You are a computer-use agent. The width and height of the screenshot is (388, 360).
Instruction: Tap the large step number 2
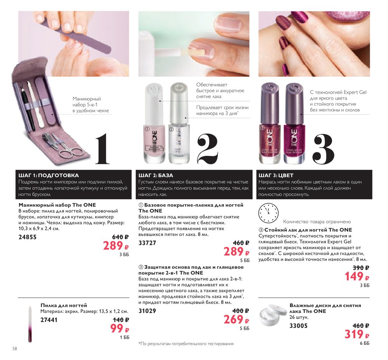click(208, 148)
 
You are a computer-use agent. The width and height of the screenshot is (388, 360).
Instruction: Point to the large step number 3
click(324, 148)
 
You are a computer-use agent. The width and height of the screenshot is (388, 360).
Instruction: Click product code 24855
click(28, 237)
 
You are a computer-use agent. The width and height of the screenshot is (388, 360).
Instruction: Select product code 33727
click(147, 243)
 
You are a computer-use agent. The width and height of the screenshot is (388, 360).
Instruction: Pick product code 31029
click(147, 311)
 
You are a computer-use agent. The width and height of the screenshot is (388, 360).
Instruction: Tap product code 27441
click(49, 320)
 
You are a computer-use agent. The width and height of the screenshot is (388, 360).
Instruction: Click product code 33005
click(298, 326)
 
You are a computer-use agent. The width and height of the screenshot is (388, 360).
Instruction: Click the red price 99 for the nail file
click(120, 329)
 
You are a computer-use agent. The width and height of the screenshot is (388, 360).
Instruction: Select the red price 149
click(357, 276)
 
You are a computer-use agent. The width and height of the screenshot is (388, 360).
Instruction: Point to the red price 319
click(357, 334)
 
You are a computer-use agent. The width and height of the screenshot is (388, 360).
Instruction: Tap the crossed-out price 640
click(120, 237)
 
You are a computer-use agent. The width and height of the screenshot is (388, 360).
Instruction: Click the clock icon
click(268, 213)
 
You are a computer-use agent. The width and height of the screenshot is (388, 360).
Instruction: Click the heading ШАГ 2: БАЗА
click(156, 176)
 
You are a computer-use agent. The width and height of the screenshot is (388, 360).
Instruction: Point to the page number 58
click(15, 349)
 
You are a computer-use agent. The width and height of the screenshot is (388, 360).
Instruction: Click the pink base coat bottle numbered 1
click(154, 123)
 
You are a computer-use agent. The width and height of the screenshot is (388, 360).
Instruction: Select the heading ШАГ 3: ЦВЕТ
click(276, 176)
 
